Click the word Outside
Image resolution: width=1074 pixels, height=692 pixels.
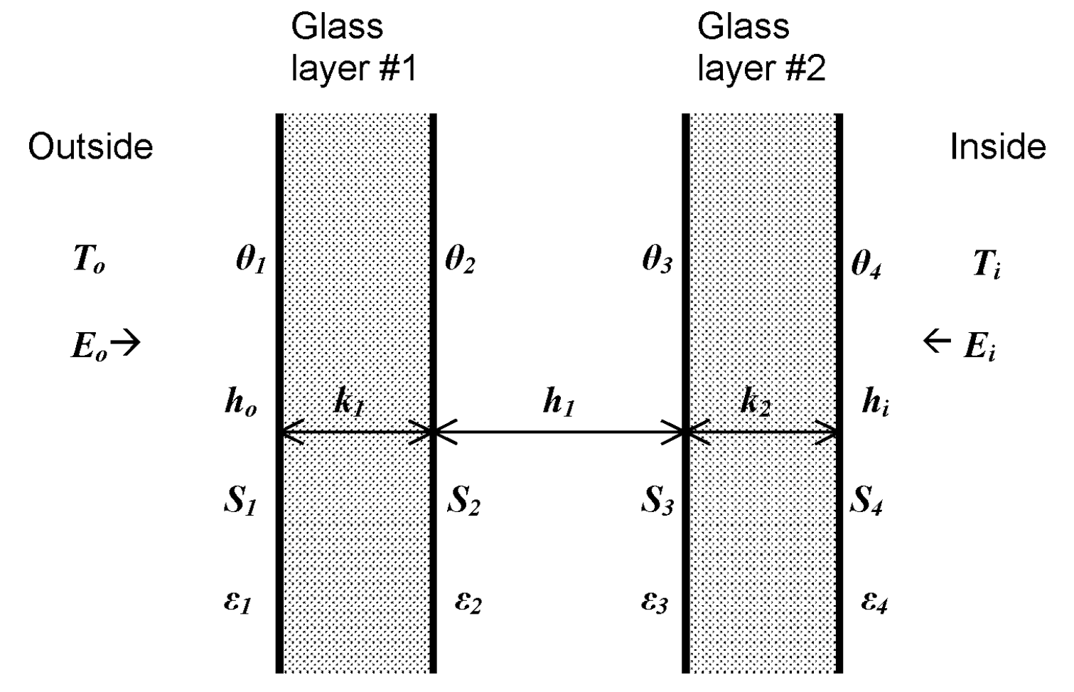90,147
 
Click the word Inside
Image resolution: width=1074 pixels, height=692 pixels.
997,147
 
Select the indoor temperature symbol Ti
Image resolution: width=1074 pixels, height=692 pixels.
987,264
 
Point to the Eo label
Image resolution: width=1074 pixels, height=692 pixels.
90,346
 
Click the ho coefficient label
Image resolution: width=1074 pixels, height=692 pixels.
240,403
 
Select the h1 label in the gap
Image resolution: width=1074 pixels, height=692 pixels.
558,403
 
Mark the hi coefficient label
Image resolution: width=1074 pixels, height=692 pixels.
875,403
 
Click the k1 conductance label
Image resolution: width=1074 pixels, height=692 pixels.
348,403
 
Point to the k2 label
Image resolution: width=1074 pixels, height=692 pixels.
755,403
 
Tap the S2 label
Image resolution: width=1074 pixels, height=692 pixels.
463,502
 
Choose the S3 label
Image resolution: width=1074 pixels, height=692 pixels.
657,502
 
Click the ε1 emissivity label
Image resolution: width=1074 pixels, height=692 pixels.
237,603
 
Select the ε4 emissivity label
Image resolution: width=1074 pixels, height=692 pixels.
874,603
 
